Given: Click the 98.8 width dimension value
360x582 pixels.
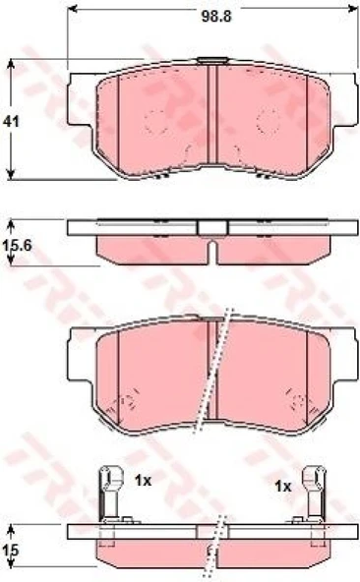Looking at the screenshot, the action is (216, 17).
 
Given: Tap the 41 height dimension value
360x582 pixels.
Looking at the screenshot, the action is (11, 121).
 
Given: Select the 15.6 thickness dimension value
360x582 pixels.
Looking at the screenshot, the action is (17, 246).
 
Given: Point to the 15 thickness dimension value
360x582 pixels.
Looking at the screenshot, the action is (11, 551).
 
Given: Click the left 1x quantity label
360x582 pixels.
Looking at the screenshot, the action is (143, 481).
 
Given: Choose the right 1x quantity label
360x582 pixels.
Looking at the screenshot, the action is (283, 487).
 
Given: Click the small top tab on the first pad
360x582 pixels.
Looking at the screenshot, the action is (212, 60).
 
